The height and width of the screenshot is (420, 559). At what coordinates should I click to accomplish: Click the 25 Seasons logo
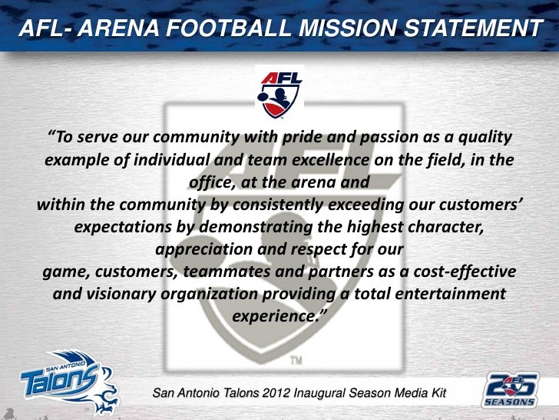click(509, 389)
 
